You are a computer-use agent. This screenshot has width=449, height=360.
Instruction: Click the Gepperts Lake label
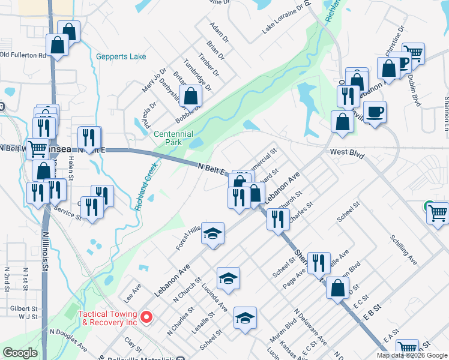pos(121,57)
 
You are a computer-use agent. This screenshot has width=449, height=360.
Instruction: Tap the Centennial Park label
pos(173,139)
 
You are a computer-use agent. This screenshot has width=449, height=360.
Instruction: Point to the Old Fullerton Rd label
pos(23,55)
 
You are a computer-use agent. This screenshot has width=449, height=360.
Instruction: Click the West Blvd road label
pos(347,153)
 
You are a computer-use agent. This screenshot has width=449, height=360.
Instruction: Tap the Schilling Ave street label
pos(403,250)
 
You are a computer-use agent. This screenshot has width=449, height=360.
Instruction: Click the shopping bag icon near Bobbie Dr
pos(191,96)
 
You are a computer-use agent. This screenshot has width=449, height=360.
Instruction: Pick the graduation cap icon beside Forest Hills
pos(212,233)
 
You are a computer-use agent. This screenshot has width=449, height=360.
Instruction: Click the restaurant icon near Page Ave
pos(318,262)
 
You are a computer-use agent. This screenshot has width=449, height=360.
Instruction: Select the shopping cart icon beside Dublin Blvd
pos(413,53)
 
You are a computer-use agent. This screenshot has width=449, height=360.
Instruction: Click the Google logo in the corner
pos(20,353)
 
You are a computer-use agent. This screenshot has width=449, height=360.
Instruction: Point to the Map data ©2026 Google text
pos(412,355)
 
